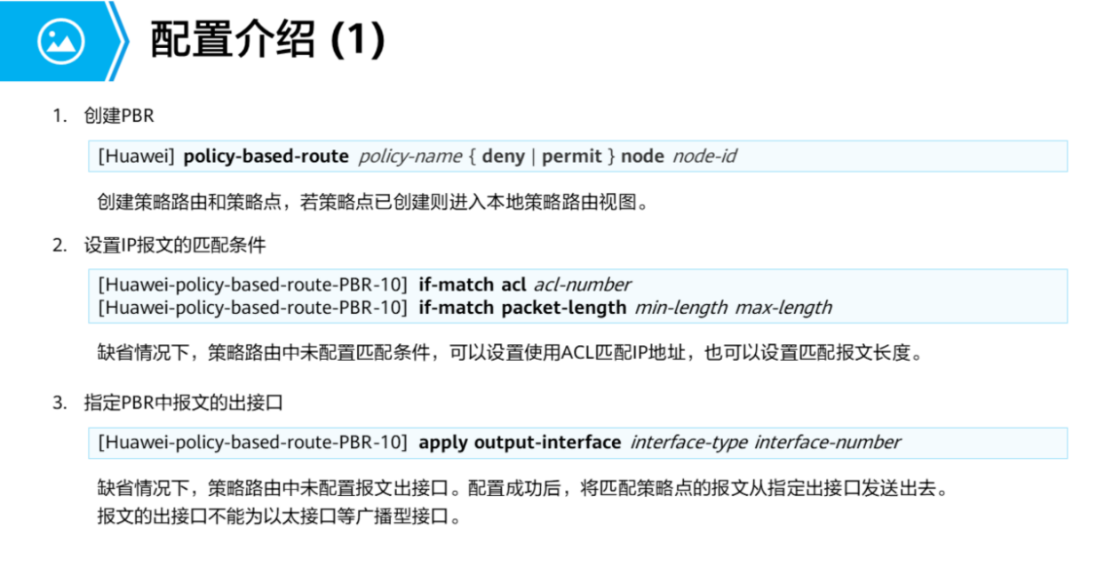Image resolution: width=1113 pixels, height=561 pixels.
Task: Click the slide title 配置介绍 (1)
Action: click(267, 39)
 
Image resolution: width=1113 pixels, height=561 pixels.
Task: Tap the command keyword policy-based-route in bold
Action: click(266, 156)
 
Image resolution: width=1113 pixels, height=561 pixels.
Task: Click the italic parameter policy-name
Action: click(409, 156)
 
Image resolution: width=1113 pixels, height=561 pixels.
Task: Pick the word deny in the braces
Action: click(503, 156)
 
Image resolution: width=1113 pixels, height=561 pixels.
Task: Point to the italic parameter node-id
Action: click(704, 156)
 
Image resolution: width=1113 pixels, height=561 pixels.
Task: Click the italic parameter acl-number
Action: click(582, 285)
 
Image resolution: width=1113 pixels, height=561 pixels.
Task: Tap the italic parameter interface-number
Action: click(827, 442)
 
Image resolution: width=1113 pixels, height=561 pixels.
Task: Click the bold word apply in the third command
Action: click(443, 442)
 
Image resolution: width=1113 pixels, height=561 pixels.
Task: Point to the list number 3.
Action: click(59, 403)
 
